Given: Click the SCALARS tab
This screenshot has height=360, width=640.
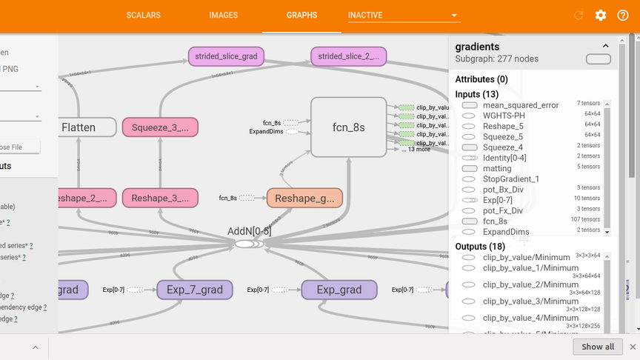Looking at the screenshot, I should [143, 15].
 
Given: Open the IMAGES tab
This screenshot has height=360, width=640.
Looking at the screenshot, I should [223, 15].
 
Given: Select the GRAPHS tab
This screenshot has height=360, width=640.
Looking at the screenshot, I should [301, 15].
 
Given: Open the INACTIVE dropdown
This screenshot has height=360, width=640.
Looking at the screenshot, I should [404, 15].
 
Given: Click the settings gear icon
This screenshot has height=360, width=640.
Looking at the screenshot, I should [601, 16].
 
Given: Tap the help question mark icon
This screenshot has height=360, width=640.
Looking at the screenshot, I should [623, 16].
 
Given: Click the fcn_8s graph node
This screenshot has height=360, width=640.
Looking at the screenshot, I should [348, 127].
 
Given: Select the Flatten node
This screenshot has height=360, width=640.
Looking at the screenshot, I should [79, 127].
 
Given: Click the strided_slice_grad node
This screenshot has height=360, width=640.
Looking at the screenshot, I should [226, 56].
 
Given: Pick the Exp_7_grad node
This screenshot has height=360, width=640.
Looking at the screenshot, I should [195, 290].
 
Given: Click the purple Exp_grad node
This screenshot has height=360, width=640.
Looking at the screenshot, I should [339, 290].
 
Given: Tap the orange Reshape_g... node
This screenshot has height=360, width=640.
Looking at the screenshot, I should [304, 198].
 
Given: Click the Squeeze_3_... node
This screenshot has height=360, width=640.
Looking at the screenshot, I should [160, 127].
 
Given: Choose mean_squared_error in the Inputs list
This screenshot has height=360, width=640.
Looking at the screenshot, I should [521, 105].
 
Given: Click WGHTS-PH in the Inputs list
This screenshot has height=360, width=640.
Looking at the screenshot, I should [503, 116].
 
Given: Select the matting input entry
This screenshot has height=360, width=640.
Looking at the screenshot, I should [497, 169].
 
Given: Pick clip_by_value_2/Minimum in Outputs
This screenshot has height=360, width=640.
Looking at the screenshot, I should [530, 284].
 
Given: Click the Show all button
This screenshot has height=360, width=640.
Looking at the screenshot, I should [597, 347].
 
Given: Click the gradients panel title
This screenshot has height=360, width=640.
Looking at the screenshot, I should [477, 47].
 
